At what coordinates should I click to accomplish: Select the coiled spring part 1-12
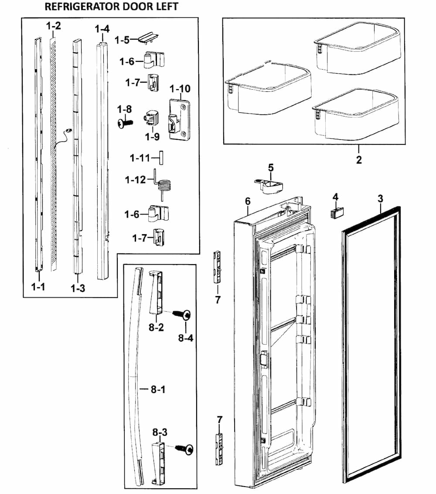(x=163, y=186)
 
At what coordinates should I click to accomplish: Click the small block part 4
(x=337, y=213)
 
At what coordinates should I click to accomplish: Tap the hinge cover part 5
(x=269, y=185)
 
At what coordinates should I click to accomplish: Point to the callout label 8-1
(x=158, y=390)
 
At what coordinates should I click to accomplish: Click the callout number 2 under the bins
(x=358, y=160)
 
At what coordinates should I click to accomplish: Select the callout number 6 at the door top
(x=248, y=201)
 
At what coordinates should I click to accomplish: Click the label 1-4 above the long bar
(x=102, y=29)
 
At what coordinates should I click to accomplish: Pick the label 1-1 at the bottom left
(x=37, y=287)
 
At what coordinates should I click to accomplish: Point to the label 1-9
(x=152, y=137)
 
